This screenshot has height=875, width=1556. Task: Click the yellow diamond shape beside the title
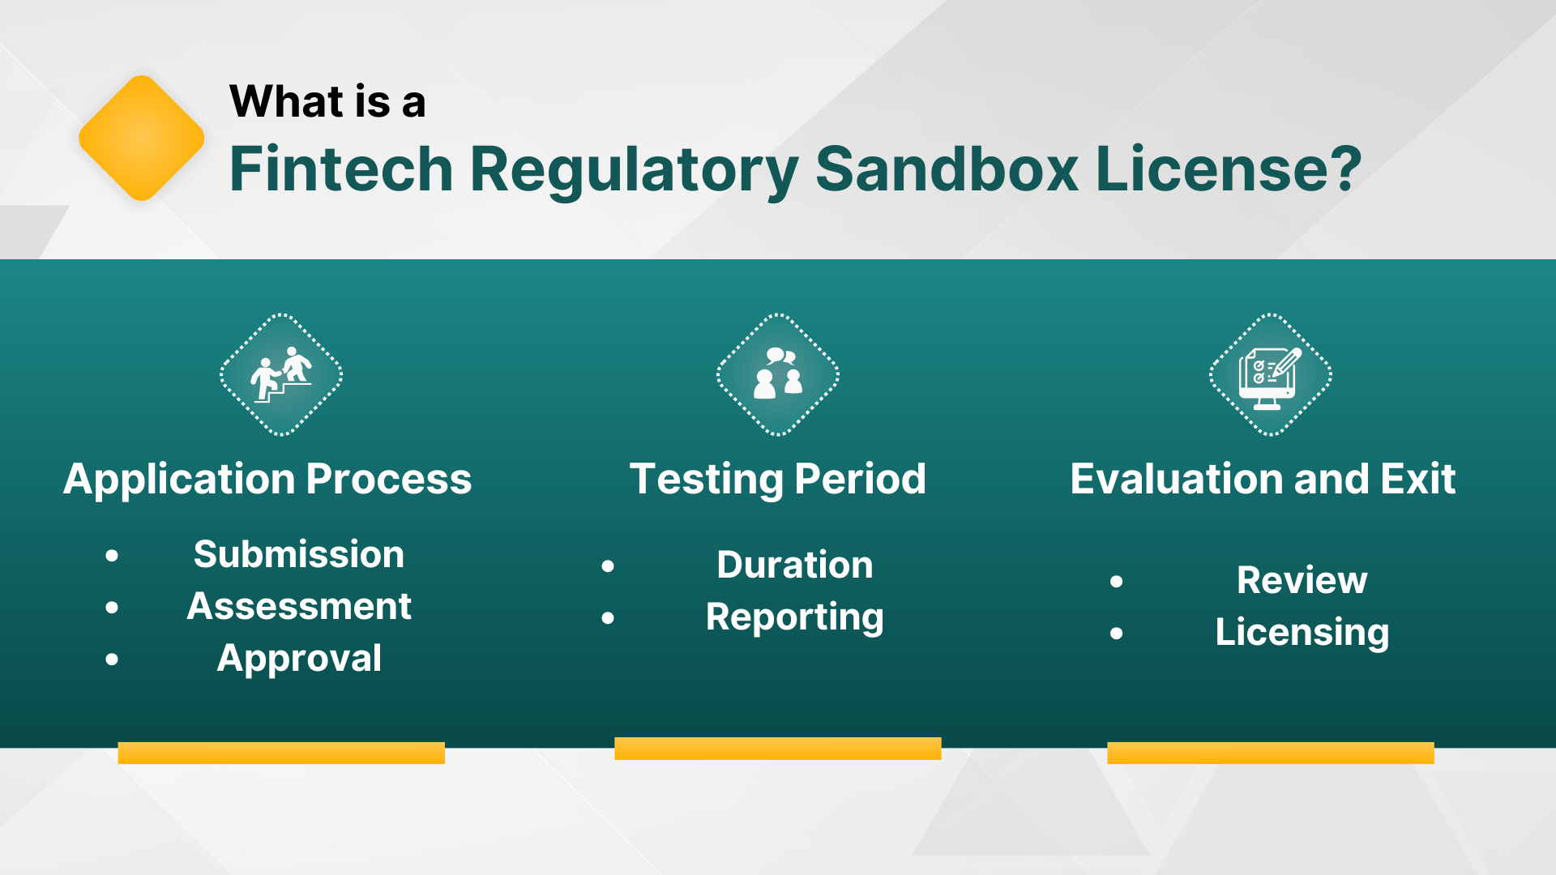pos(141,139)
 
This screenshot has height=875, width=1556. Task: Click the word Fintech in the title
pos(340,169)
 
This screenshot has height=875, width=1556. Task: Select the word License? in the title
pos(1227,169)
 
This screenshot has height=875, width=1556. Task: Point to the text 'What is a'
pos(327,102)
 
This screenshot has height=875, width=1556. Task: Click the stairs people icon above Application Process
pos(281,375)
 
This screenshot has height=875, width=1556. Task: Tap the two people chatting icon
pos(778,375)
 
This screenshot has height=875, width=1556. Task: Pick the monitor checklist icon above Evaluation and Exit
pos(1270,375)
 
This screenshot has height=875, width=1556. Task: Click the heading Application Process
pos(267,479)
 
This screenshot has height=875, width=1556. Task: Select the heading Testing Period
pos(778,479)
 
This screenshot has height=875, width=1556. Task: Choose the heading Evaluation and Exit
pos(1263,479)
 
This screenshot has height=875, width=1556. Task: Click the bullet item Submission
pos(298,555)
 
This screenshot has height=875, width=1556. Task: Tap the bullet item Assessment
pos(299,607)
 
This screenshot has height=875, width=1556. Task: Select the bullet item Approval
pos(299,659)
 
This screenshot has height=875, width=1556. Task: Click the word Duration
pos(794,566)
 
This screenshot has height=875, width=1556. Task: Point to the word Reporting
pos(794,617)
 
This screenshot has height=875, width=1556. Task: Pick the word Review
pos(1302,581)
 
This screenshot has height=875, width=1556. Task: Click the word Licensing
pos(1302,633)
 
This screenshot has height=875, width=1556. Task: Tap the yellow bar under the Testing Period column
pos(778,749)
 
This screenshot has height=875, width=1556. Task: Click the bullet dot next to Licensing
pos(1117,634)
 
